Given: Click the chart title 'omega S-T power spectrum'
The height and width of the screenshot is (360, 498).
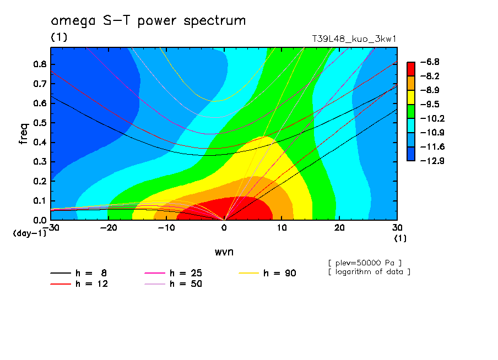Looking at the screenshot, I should (148, 21).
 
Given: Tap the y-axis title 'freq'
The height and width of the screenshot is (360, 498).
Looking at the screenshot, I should (24, 133).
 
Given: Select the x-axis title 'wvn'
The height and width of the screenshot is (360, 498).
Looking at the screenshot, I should (224, 252).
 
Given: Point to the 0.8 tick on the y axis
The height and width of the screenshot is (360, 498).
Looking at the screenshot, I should (40, 63).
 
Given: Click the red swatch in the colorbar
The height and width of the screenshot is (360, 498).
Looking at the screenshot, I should (410, 69).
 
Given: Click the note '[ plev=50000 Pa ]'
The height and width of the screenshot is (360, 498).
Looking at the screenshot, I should (364, 262).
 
